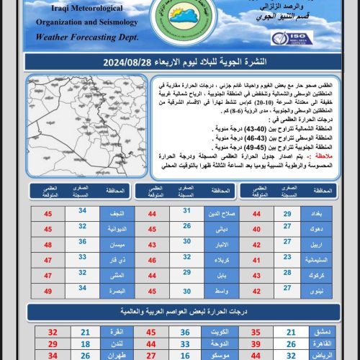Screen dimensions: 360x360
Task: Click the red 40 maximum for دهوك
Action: pyautogui.click(x=256, y=228)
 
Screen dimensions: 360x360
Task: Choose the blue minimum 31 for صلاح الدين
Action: pyautogui.click(x=186, y=213)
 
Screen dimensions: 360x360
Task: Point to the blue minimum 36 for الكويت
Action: pyautogui.click(x=185, y=332)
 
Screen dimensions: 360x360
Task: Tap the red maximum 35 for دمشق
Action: pyautogui.click(x=256, y=332)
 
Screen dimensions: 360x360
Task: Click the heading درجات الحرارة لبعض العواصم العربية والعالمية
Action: pyautogui.click(x=180, y=312)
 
